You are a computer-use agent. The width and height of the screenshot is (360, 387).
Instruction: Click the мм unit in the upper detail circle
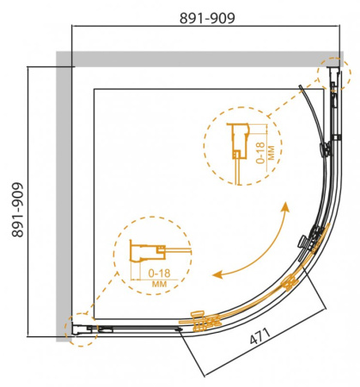click(272, 153)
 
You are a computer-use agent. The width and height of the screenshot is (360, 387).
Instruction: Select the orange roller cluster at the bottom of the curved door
click(204, 324)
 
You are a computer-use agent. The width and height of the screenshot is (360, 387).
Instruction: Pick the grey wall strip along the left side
click(63, 198)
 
